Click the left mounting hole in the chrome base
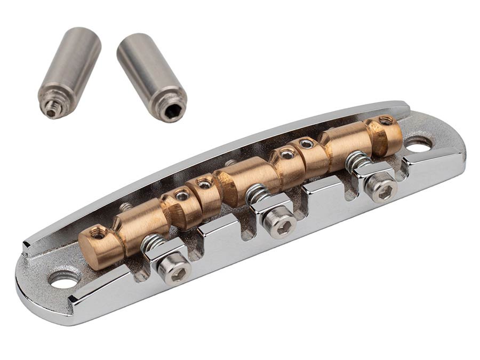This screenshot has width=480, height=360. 64,279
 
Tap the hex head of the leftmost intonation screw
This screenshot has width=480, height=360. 175,272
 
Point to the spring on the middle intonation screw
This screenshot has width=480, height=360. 257,193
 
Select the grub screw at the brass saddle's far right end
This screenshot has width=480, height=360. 385,120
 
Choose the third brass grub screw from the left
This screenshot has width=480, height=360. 204,184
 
